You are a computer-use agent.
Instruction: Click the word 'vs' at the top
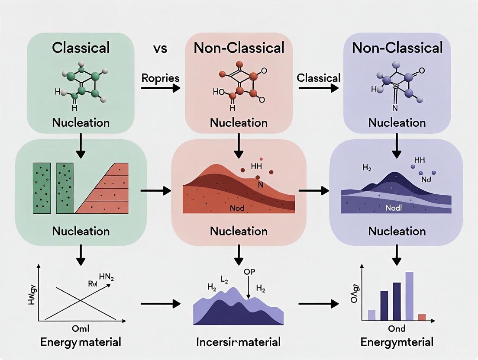pos(160,48)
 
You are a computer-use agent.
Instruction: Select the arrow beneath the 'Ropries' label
pos(160,88)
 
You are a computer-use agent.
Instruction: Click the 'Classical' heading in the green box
pos(81,47)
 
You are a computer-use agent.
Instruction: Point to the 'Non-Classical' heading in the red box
pos(239,47)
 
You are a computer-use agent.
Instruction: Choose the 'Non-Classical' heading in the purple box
pos(397,47)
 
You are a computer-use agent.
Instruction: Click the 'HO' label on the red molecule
pos(218,92)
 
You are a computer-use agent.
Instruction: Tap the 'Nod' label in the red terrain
pos(237,208)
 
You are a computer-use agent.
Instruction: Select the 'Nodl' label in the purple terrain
pos(394,208)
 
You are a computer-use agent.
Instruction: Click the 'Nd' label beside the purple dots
pos(426,179)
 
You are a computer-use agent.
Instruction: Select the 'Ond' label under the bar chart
pos(397,329)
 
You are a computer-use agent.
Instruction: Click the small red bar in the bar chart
pos(422,317)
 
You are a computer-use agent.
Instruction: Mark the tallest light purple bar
pos(409,296)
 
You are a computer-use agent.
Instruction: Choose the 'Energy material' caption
pos(81,342)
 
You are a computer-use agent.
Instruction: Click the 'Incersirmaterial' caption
pos(239,342)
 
